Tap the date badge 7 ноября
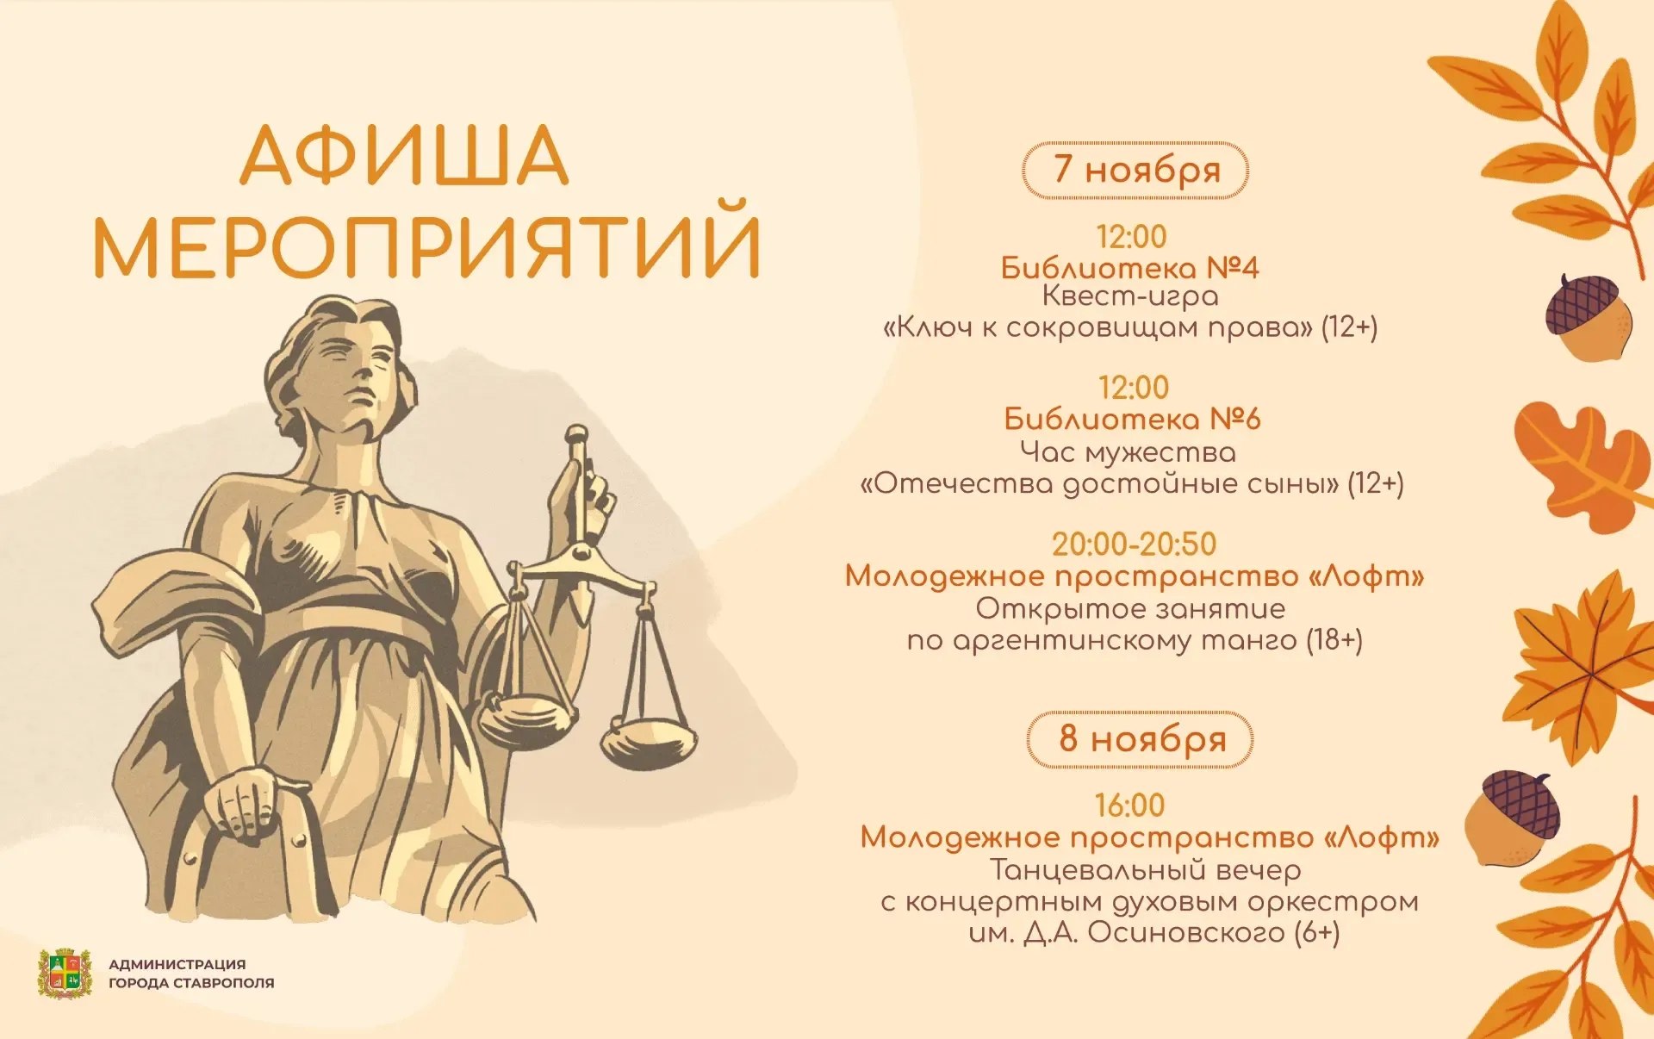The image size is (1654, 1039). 1135,171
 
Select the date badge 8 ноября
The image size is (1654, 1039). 1140,739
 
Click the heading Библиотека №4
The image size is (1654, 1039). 1129,268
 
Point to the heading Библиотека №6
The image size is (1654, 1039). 1132,420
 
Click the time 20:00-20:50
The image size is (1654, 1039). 1134,544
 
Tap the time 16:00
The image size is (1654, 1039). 1129,806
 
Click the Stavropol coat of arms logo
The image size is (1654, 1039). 65,974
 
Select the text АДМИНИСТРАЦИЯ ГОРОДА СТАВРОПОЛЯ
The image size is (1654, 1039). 191,974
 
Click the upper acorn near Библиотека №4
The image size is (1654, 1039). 1589,317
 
